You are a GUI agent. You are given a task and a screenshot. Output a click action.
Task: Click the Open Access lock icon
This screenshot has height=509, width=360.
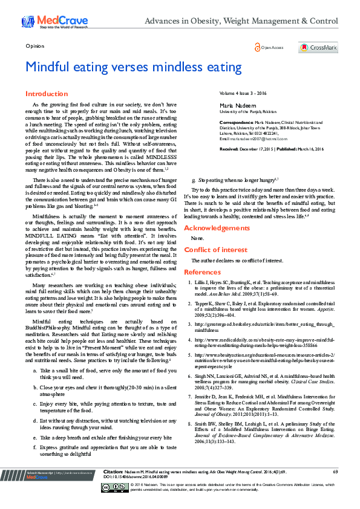tap(258, 47)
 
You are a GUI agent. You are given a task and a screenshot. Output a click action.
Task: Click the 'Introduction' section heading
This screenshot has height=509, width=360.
tap(47, 94)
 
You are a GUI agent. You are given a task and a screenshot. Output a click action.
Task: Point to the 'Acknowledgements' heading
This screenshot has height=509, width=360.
tap(216, 228)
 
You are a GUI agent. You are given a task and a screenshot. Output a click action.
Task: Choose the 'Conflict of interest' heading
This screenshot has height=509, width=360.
tap(215, 250)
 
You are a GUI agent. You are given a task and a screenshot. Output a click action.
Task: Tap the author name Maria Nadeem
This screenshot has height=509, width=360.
tap(235, 106)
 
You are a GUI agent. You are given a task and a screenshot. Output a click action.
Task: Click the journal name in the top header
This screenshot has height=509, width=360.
tap(250, 21)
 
